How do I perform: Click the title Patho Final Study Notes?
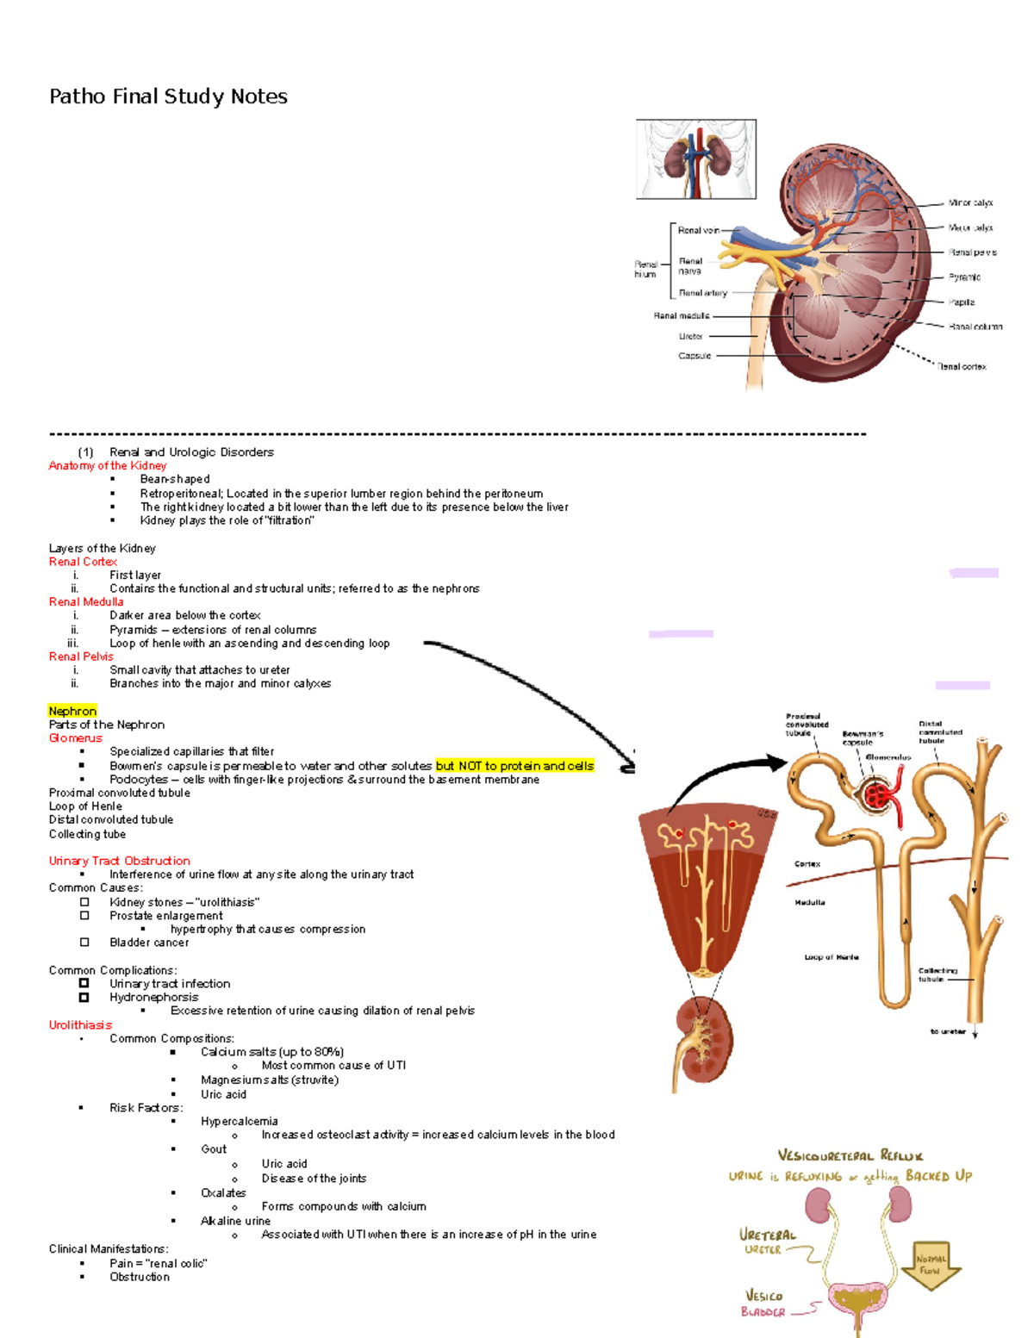click(168, 96)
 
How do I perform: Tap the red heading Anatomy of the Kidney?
click(108, 465)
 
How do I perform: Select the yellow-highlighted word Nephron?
click(72, 711)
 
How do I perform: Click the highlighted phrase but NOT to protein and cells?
click(514, 765)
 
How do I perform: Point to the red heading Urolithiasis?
click(80, 1024)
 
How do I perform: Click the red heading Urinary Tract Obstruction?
click(119, 861)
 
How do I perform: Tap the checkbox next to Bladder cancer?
click(84, 943)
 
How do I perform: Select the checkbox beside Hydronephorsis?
click(84, 997)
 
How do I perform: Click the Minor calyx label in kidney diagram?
click(970, 203)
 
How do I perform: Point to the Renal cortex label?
click(962, 367)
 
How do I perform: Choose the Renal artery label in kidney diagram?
click(702, 293)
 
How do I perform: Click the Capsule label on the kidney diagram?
click(695, 356)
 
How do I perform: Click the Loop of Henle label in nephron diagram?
click(831, 957)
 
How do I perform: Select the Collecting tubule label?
click(937, 974)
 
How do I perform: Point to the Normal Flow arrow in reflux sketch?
click(931, 1265)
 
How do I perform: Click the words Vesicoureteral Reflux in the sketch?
click(850, 1155)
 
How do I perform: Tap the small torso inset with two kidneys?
click(696, 159)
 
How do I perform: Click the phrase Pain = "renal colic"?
click(159, 1263)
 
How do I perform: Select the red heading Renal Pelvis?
click(81, 657)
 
